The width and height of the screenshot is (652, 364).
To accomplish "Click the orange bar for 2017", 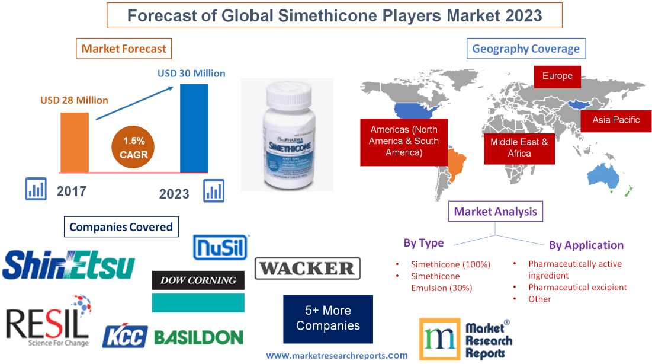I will pyautogui.click(x=75, y=142).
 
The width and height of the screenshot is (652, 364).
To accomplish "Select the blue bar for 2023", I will pyautogui.click(x=194, y=127).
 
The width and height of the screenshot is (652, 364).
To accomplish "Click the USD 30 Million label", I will pyautogui.click(x=191, y=74).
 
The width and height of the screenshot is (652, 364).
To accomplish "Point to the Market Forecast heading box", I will pyautogui.click(x=124, y=49).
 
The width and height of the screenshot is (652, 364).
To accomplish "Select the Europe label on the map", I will pyautogui.click(x=557, y=76).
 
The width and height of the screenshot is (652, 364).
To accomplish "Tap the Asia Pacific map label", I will pyautogui.click(x=616, y=120).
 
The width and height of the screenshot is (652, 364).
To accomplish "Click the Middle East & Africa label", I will pyautogui.click(x=519, y=148).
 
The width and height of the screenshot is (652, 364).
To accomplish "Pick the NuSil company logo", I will pyautogui.click(x=221, y=247).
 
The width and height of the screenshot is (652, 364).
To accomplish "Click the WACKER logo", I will pyautogui.click(x=307, y=269).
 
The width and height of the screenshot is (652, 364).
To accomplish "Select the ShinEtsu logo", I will pyautogui.click(x=69, y=265).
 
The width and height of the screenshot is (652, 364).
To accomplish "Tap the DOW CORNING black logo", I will pyautogui.click(x=198, y=280).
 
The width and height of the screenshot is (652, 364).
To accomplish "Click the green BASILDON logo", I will pyautogui.click(x=198, y=337).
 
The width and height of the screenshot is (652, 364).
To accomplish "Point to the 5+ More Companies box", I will pyautogui.click(x=328, y=318).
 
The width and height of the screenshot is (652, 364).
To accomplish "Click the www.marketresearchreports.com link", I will pyautogui.click(x=336, y=355).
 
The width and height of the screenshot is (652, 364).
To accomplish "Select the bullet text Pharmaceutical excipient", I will pyautogui.click(x=577, y=288).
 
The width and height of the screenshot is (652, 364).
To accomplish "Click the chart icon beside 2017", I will pyautogui.click(x=36, y=189).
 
